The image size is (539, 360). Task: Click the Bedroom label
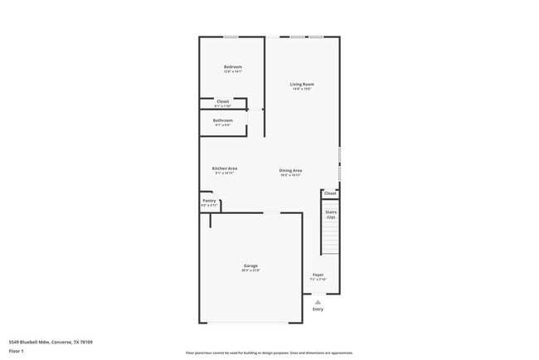pyautogui.click(x=232, y=66)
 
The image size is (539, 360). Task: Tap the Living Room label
pyautogui.click(x=302, y=84)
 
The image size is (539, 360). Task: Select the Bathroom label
pyautogui.click(x=222, y=120)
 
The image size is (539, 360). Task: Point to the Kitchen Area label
pyautogui.click(x=226, y=168)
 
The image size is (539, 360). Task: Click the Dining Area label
pyautogui.click(x=290, y=170)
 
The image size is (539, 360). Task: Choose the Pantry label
pyautogui.click(x=209, y=200)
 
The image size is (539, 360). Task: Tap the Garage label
pyautogui.click(x=250, y=265)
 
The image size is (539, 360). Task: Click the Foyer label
pyautogui.click(x=318, y=275)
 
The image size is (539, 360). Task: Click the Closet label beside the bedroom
pyautogui.click(x=222, y=101)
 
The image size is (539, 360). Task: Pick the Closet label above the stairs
pyautogui.click(x=330, y=193)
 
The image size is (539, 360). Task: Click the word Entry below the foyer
pyautogui.click(x=318, y=309)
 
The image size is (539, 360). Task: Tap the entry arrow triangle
pyautogui.click(x=318, y=301)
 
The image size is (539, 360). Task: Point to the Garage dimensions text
pyautogui.click(x=250, y=270)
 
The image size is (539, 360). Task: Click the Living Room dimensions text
pyautogui.click(x=302, y=89)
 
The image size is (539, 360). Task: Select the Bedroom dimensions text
pyautogui.click(x=232, y=71)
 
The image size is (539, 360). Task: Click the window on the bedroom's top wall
pyautogui.click(x=231, y=36)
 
